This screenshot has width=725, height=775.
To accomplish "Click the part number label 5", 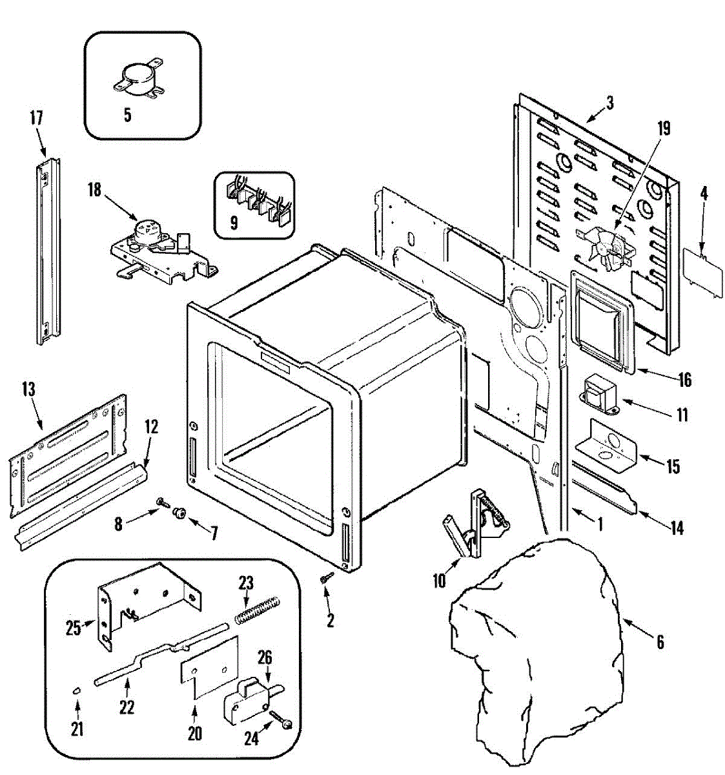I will coord(127,116).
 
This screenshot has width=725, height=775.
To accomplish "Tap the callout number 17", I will coord(36,118).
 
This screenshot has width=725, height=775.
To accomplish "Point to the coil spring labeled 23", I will coord(256,610).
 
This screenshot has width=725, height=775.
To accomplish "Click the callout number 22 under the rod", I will coord(127,707).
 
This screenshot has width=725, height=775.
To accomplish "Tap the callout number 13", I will coord(28,390).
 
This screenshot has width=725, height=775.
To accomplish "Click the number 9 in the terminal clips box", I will coord(234,223).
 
